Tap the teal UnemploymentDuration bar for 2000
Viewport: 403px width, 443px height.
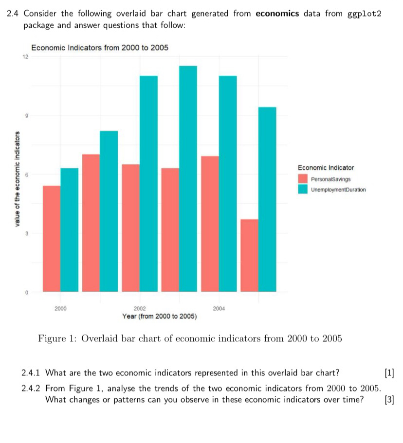pyautogui.click(x=70, y=230)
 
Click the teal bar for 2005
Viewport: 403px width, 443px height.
pyautogui.click(x=267, y=199)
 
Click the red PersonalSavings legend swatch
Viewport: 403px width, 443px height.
pyautogui.click(x=303, y=179)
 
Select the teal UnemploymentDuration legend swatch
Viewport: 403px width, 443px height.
pyautogui.click(x=303, y=189)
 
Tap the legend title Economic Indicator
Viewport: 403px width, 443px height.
pyautogui.click(x=326, y=168)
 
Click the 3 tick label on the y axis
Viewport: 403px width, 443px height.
pyautogui.click(x=27, y=233)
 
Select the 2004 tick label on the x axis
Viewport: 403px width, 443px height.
pyautogui.click(x=219, y=308)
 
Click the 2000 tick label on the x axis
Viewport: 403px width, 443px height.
pyautogui.click(x=60, y=308)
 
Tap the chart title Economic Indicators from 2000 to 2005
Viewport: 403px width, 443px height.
pyautogui.click(x=100, y=48)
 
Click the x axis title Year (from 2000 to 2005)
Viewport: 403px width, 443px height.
pyautogui.click(x=159, y=316)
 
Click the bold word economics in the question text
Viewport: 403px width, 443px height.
pyautogui.click(x=277, y=13)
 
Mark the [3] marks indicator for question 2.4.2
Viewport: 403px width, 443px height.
pyautogui.click(x=389, y=400)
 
